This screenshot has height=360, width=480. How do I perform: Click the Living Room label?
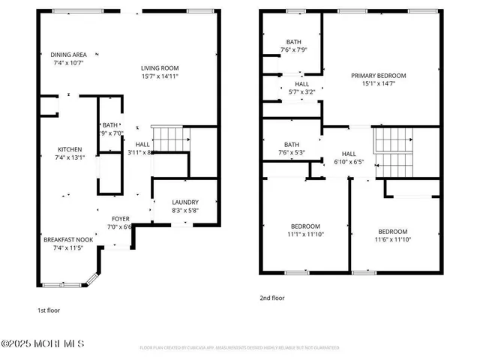click(x=159, y=68)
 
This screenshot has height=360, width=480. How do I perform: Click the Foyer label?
click(x=120, y=219)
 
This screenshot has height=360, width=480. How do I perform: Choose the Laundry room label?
click(x=184, y=202)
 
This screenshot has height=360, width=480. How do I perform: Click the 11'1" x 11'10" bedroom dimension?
click(x=305, y=234)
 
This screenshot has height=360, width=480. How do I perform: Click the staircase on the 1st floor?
click(x=170, y=139)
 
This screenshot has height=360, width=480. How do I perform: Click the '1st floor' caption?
click(x=48, y=309)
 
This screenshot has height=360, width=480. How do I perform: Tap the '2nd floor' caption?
click(x=272, y=298)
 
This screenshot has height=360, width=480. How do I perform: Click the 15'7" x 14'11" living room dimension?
click(x=159, y=76)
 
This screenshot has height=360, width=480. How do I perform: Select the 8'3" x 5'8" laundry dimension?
click(x=184, y=211)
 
